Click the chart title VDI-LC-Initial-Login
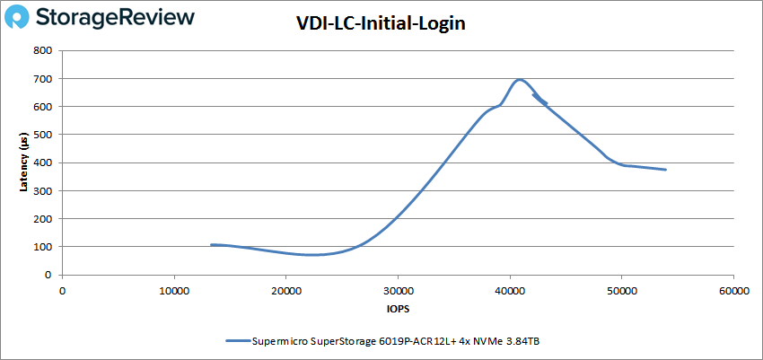pyautogui.click(x=381, y=23)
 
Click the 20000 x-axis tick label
pyautogui.click(x=285, y=291)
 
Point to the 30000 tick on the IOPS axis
pyautogui.click(x=398, y=291)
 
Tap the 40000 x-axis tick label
pyautogui.click(x=510, y=291)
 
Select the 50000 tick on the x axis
pyautogui.click(x=622, y=291)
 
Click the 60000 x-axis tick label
pyautogui.click(x=733, y=291)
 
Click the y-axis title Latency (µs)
pyautogui.click(x=23, y=162)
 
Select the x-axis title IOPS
pyautogui.click(x=398, y=308)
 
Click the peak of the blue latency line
pyautogui.click(x=519, y=80)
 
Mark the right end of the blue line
pyautogui.click(x=665, y=170)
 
